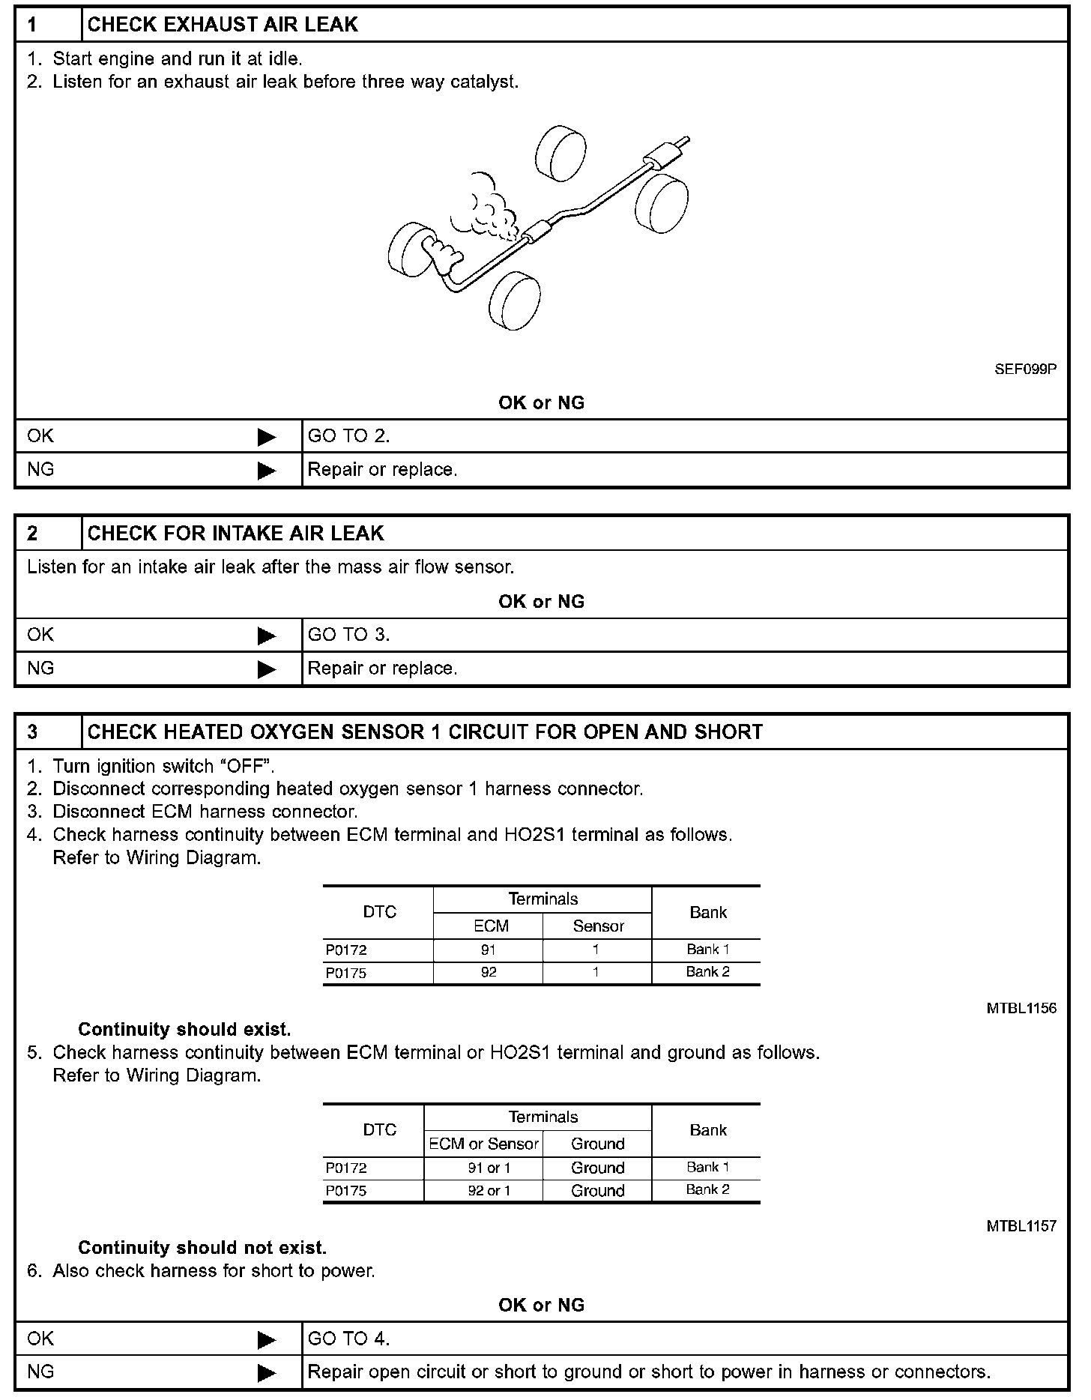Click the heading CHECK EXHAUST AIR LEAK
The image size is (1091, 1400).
(223, 25)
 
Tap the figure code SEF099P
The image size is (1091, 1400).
(1025, 369)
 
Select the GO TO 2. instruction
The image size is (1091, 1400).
(349, 436)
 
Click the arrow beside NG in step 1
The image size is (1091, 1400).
(267, 471)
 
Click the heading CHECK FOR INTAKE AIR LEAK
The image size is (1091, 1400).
(235, 534)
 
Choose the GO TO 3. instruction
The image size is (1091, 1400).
(349, 635)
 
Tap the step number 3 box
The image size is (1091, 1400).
(33, 732)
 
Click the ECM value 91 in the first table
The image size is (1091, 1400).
(489, 950)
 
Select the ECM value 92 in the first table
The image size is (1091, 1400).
(489, 973)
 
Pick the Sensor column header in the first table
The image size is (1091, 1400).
(598, 926)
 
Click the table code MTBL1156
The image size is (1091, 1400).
(1021, 1009)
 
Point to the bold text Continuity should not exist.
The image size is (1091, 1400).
(202, 1248)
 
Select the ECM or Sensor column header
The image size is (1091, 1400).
(483, 1144)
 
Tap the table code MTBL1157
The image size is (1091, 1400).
(1021, 1227)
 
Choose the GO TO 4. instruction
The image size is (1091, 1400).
(349, 1339)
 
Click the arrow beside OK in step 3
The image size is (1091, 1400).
(267, 1339)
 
